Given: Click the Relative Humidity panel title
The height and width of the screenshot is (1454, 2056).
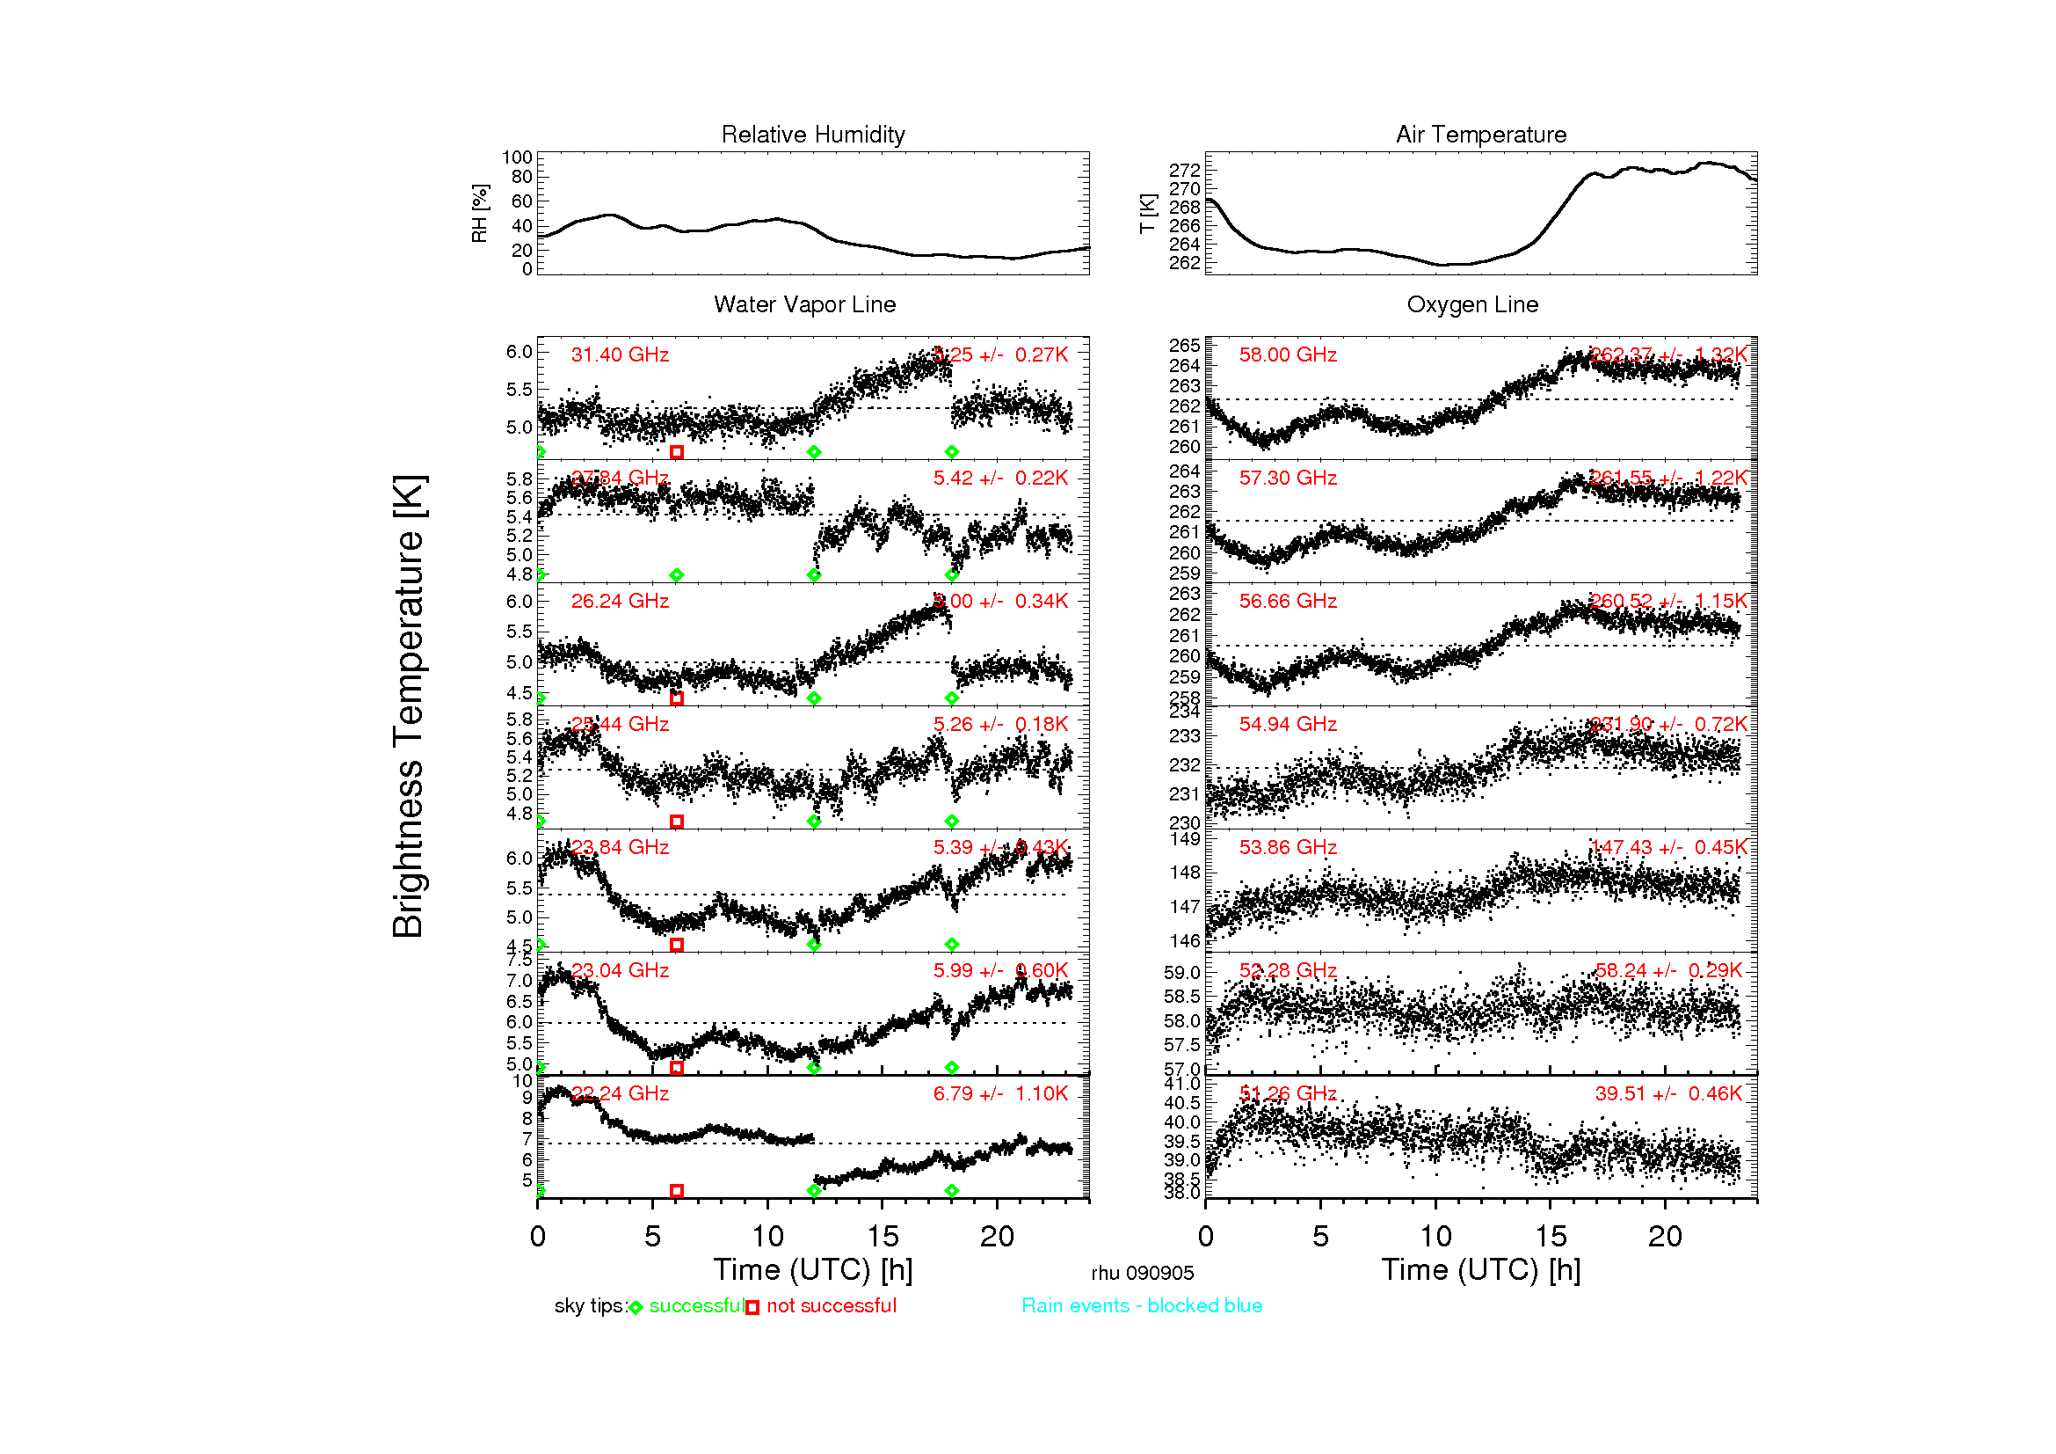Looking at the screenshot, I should point(812,135).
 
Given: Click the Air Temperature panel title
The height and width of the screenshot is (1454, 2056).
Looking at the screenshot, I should point(1480,135).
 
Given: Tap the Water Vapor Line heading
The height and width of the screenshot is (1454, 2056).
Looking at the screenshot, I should point(804,304).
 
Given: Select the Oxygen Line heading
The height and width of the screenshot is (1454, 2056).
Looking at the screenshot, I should point(1472,304).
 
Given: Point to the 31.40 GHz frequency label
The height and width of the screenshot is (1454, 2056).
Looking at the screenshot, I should point(620,354).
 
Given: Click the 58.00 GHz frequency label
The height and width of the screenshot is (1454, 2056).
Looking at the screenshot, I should point(1287,354).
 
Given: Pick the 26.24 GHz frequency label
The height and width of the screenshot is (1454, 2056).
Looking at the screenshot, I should point(620,601).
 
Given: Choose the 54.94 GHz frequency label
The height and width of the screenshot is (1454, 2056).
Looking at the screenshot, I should point(1287,724).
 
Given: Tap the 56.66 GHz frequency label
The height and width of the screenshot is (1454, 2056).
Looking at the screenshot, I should point(1287,601).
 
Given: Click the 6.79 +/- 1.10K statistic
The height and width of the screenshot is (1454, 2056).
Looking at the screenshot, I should point(1000,1094).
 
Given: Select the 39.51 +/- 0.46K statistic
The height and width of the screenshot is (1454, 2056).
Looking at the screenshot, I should point(1668,1094).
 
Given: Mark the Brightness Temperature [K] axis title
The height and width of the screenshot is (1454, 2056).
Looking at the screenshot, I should point(409,706).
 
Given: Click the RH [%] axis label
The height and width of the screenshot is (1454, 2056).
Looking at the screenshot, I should point(480,213).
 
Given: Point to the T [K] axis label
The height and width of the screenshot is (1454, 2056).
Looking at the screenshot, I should point(1147,213).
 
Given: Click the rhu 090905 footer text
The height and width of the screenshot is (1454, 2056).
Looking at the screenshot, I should point(1142,1273).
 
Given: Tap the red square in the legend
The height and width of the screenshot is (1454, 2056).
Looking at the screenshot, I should point(752,1308).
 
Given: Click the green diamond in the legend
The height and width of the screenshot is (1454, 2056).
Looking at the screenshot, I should point(636,1308).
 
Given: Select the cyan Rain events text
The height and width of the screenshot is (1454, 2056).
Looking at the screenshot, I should point(1142,1306).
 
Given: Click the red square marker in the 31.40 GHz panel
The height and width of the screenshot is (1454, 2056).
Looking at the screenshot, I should point(677,452).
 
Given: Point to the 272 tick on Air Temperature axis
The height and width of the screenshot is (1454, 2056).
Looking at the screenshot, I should point(1184,171).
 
